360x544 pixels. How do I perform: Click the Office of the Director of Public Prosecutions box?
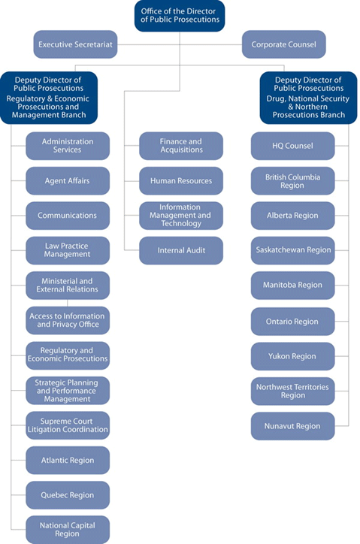pos(180,15)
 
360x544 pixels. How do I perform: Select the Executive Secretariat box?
pos(75,44)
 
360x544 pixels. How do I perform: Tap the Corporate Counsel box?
pos(284,44)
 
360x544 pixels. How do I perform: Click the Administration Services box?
pos(68,146)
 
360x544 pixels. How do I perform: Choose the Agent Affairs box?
pos(68,180)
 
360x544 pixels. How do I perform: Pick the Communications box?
pos(68,216)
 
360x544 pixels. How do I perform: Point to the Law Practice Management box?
pos(68,250)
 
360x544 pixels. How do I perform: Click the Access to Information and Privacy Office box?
pos(68,320)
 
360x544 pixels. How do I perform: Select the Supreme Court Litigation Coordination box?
pos(68,425)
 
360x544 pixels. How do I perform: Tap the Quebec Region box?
pos(68,495)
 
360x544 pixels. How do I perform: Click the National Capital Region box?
pos(68,530)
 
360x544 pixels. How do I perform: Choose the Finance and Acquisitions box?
pos(181,146)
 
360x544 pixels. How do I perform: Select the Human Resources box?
pos(181,180)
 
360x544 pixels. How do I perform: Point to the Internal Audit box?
pos(181,250)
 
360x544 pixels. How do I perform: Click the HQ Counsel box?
pos(293,146)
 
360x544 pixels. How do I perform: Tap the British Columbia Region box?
pos(293,180)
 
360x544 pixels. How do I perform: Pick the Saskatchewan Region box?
pos(293,250)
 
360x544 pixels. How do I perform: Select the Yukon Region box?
pos(293,356)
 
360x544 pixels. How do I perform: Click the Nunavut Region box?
pos(293,426)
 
